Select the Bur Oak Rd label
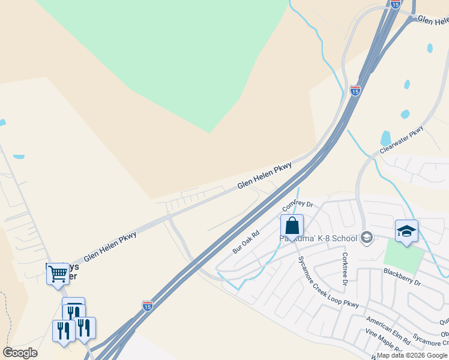(246, 239)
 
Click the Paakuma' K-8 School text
(319, 238)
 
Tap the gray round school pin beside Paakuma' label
(366, 238)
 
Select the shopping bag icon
(292, 226)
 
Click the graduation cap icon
(406, 231)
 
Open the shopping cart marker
(58, 274)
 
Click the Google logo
(20, 353)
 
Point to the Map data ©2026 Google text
(412, 355)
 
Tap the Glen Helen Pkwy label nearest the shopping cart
(110, 246)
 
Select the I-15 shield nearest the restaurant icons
(148, 306)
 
